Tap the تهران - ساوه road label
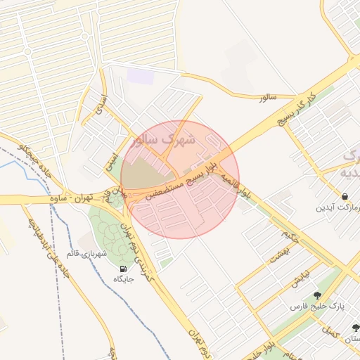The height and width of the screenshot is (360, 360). [x=73, y=200]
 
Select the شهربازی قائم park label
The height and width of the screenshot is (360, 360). [x=86, y=252]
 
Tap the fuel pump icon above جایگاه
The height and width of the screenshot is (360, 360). [x=124, y=268]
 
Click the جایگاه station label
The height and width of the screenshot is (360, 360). [x=124, y=279]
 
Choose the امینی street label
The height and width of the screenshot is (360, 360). [x=110, y=162]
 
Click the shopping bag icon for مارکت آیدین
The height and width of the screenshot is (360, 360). [x=345, y=196]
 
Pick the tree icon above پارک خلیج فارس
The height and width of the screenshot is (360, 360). [x=317, y=295]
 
